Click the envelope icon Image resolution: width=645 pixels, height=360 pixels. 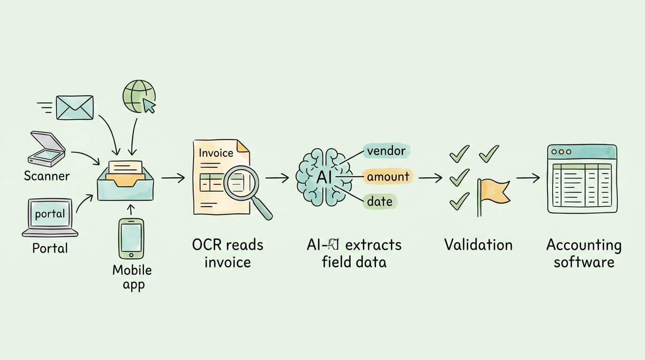tap(75, 107)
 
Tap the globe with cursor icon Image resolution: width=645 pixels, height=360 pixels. tap(139, 96)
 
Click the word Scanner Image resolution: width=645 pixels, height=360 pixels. tap(47, 176)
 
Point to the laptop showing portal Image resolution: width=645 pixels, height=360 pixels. tap(50, 217)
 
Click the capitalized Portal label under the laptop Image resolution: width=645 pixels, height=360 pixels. tap(50, 248)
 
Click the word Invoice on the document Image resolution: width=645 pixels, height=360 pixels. tap(216, 153)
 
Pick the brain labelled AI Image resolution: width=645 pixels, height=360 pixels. tap(324, 177)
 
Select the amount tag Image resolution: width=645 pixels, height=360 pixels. tap(388, 177)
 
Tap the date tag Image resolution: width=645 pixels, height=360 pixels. tap(379, 202)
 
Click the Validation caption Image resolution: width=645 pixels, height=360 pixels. tap(478, 245)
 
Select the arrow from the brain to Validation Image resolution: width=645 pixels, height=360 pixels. tap(430, 178)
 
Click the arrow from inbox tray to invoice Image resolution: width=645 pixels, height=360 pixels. tap(172, 178)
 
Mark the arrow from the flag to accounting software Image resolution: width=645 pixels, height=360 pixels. tap(528, 178)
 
